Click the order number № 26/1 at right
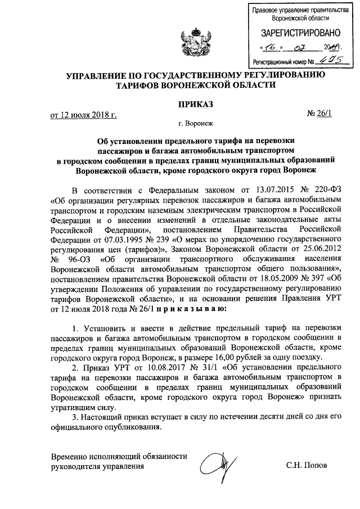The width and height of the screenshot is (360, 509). tap(320, 115)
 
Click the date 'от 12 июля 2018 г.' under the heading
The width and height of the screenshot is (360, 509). tap(84, 116)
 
